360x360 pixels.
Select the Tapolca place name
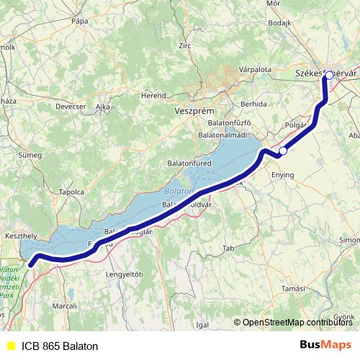[72, 192]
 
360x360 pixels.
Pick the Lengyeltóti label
[125, 274]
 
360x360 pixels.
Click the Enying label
[282, 174]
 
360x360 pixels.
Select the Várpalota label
[254, 69]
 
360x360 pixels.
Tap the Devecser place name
[71, 107]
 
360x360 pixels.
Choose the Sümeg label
[30, 154]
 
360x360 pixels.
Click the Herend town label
[153, 94]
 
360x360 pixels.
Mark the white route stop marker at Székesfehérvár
[329, 75]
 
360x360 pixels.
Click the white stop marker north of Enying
[284, 151]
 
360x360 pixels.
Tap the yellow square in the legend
[10, 346]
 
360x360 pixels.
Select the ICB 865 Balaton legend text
[60, 346]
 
